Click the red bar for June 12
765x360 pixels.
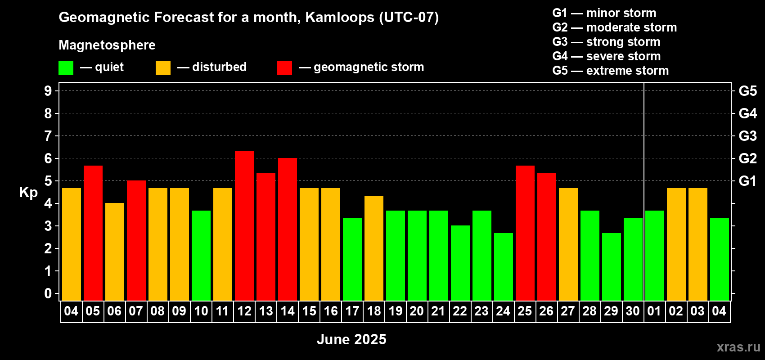point(244,226)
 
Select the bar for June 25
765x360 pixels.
point(525,233)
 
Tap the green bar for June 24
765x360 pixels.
point(504,267)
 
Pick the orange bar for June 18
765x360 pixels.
point(374,248)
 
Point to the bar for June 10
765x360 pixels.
point(201,256)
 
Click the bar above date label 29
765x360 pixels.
point(611,267)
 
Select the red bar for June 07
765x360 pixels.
point(136,241)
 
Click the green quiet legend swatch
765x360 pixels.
point(66,67)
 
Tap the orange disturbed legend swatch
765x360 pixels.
point(163,67)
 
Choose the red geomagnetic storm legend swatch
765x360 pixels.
point(284,67)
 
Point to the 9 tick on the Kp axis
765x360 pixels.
point(48,91)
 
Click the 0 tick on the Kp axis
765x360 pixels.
point(48,293)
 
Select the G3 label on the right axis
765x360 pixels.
point(747,136)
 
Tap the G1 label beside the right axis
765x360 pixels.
point(747,181)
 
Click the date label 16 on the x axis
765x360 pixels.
point(331,311)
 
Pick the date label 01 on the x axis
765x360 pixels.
point(654,311)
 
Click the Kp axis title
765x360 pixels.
point(28,193)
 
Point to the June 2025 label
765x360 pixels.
point(351,339)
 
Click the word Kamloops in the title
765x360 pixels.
point(339,18)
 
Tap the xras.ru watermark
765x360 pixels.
point(738,347)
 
